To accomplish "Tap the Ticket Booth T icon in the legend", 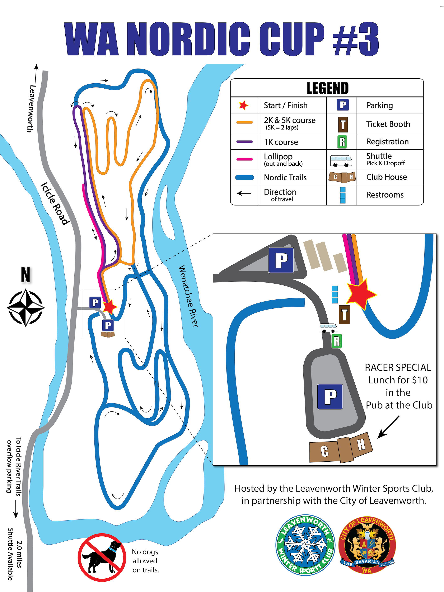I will tap(343, 125).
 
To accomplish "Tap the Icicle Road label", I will tap(55, 203).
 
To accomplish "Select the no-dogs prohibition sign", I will tap(102, 557).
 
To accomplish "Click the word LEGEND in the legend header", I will tap(327, 88).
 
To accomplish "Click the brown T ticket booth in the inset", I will tap(344, 314).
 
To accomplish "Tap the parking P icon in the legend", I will tap(343, 105).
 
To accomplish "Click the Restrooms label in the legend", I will tap(385, 195).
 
